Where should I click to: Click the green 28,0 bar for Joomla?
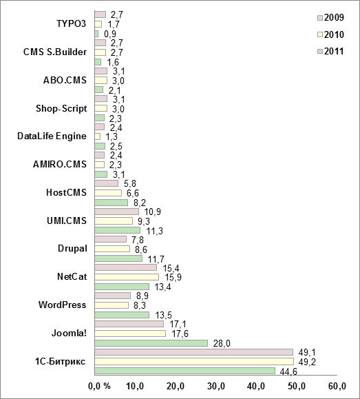coord(151,342)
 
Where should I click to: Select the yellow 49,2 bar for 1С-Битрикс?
coord(193,361)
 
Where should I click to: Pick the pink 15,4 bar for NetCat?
coord(125,267)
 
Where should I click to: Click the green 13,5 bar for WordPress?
coord(121,314)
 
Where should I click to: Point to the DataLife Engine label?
coord(52,136)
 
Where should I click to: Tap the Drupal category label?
coord(72,248)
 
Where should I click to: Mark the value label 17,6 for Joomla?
coord(178,334)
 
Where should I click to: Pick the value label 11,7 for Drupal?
coord(154,258)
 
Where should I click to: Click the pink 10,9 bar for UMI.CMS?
coord(116,212)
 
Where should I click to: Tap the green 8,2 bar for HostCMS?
coord(111,203)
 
